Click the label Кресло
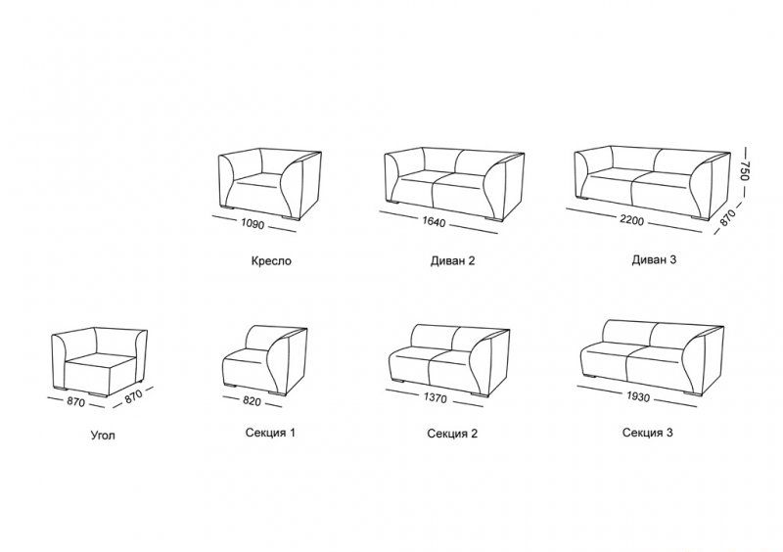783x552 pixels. tap(271, 261)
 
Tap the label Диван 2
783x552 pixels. tap(452, 260)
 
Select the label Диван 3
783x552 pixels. tap(654, 259)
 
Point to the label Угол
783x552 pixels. tap(103, 436)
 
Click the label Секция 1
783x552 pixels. tap(270, 433)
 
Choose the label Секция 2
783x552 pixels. tap(452, 434)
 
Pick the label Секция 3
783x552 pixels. tap(647, 433)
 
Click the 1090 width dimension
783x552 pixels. tap(253, 224)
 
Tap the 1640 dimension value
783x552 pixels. tap(434, 221)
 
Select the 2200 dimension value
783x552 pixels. tap(631, 220)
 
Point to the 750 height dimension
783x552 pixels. tap(745, 170)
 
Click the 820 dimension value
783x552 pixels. tap(252, 400)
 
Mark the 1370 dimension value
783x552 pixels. tap(436, 397)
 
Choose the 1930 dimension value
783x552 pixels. tap(638, 396)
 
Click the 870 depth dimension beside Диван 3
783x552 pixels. tap(727, 217)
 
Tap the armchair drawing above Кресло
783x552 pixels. tap(270, 184)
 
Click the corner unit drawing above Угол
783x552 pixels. tap(100, 362)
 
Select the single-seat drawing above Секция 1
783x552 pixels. tap(264, 360)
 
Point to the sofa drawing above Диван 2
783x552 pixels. tap(454, 184)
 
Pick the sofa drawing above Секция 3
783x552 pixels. tap(652, 357)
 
